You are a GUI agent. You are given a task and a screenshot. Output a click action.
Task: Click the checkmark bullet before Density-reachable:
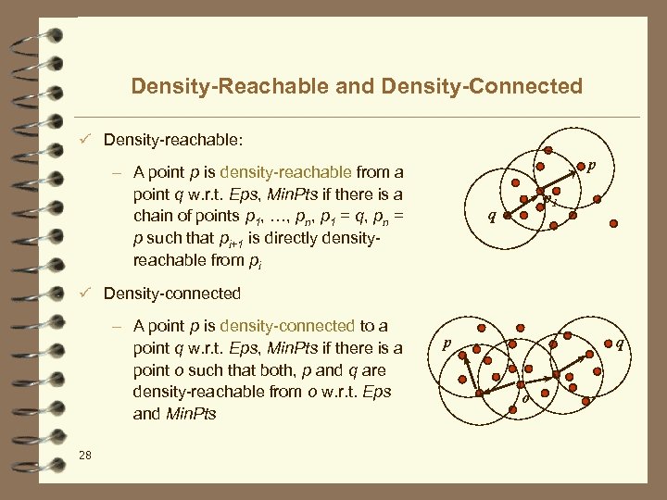[84, 140]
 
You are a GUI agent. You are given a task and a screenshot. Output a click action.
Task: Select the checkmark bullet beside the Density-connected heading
[84, 294]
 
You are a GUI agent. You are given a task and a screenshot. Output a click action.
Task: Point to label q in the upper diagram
[492, 219]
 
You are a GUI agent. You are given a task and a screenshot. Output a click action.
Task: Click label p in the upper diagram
[591, 166]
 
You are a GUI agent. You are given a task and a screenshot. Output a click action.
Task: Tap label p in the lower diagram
[447, 342]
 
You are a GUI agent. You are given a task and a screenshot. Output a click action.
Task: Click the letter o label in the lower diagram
[525, 398]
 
